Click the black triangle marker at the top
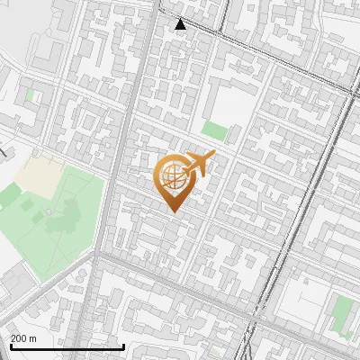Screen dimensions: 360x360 pyautogui.click(x=181, y=24)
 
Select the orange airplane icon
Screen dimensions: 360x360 pyautogui.click(x=199, y=165)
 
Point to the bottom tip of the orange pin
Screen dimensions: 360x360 pyautogui.click(x=172, y=212)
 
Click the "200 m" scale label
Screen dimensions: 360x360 pyautogui.click(x=22, y=338)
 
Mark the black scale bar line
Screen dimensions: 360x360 pyautogui.click(x=67, y=346)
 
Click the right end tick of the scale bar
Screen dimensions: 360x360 pyautogui.click(x=123, y=346)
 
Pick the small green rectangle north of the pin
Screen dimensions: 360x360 pyautogui.click(x=213, y=130)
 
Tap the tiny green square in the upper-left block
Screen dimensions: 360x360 pyautogui.click(x=30, y=94)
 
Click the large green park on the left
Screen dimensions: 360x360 pyautogui.click(x=49, y=220)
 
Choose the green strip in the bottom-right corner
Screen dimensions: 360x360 pyautogui.click(x=341, y=315)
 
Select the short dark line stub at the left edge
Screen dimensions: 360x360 pyautogui.click(x=3, y=152)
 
